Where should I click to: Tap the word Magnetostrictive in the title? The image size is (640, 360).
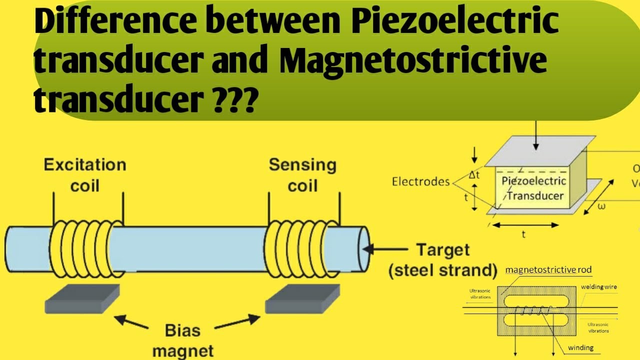412,62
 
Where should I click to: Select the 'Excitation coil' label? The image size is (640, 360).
85,175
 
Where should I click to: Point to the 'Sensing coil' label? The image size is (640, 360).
302,175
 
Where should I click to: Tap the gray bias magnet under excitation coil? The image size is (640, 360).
82,298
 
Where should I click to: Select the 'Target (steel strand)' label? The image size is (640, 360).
443,260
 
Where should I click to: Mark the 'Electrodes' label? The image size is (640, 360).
421,181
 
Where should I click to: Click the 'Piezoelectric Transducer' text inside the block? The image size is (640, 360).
534,188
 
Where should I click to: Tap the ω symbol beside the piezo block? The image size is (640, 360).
601,206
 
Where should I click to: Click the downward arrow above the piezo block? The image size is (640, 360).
535,135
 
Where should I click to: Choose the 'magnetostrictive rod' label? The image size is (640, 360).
548,270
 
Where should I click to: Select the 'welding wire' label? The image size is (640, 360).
599,287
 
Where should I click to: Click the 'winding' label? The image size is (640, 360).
580,347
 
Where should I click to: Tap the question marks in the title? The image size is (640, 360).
234,100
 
